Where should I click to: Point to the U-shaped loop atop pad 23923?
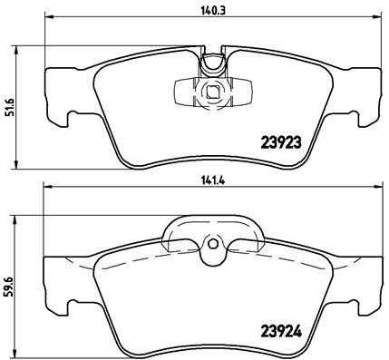(x=213, y=63)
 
